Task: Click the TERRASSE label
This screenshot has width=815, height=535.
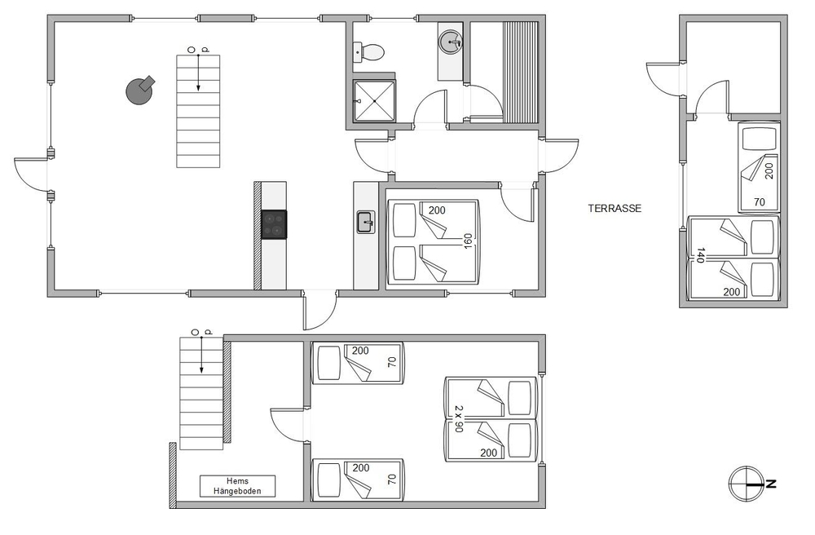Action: coord(615,209)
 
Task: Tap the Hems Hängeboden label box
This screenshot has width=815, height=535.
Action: coord(237,486)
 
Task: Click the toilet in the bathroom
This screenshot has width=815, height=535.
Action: coord(369,51)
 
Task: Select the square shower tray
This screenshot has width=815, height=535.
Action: coord(374,101)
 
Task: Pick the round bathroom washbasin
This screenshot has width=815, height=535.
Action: coord(450,41)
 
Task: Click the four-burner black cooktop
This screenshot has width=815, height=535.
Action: coord(274,224)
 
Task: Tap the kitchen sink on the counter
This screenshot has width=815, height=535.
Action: coord(366,222)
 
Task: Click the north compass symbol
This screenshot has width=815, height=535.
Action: coord(747,484)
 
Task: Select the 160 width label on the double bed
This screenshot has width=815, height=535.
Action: coord(468,241)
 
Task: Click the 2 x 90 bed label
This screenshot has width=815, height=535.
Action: coord(458,419)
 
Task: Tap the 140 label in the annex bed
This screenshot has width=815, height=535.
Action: coord(700,254)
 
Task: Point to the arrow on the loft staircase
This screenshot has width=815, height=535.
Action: coord(201,355)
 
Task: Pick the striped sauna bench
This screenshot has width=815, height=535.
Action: coord(520,73)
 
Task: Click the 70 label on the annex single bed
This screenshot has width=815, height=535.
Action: coord(760,201)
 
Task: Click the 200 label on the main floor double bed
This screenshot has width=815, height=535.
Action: coord(437,210)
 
